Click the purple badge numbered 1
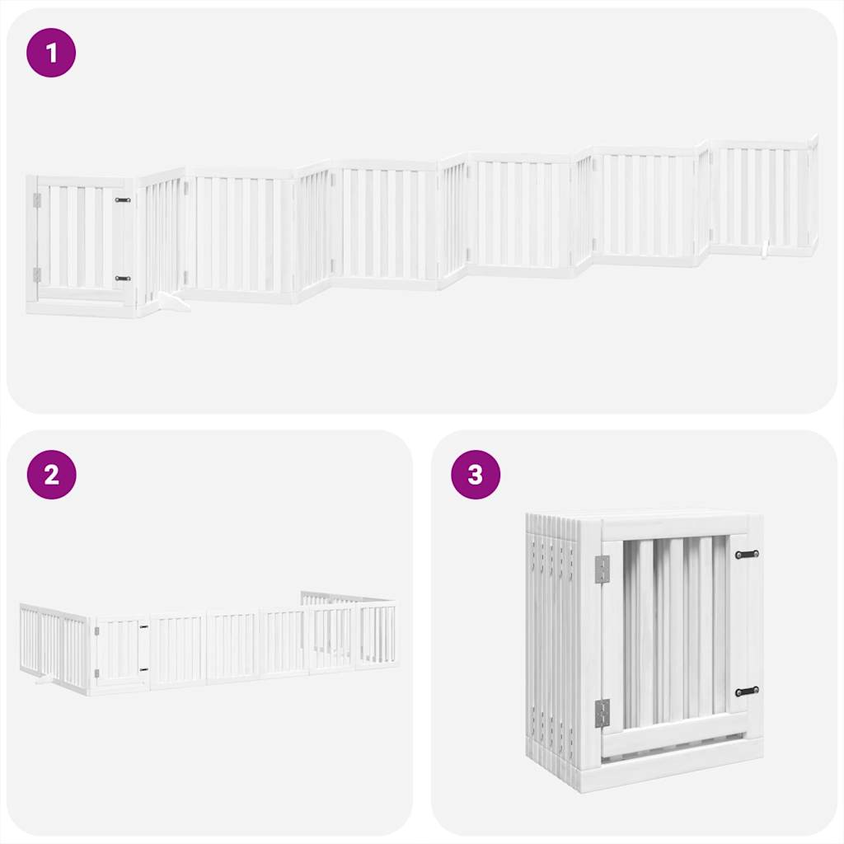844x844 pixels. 51,54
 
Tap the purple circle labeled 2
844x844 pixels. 51,475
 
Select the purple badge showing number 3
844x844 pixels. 475,475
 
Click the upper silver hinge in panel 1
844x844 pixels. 36,200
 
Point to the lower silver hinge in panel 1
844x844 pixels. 36,274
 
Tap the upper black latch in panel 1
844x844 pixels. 123,199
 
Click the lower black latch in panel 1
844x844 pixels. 123,279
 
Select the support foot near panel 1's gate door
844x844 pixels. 174,304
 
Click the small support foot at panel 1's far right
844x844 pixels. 766,247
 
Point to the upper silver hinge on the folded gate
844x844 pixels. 603,569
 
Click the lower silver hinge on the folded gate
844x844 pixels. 603,713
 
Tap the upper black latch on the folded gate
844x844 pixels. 747,555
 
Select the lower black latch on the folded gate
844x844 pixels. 747,692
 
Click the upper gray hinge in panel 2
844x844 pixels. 96,631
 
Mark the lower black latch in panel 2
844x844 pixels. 143,668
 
